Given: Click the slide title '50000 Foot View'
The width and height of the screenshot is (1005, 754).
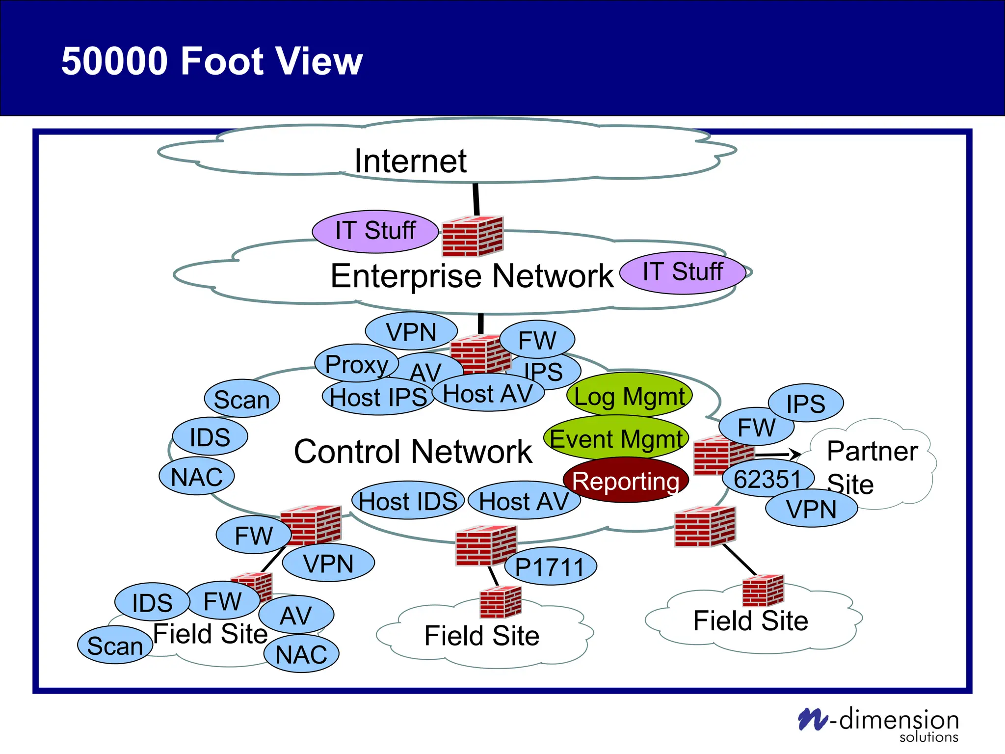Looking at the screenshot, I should [212, 61].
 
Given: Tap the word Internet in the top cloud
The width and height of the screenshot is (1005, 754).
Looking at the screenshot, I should [410, 161].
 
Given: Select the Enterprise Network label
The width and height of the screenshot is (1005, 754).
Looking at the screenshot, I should [472, 276].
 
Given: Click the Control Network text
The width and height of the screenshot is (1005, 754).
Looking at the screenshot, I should [413, 452].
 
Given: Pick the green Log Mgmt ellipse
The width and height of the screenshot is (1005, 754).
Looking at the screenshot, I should [629, 396].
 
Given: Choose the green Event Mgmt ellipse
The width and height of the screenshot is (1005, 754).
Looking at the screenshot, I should [616, 438].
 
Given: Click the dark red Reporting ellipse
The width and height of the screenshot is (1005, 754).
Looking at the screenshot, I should [625, 481].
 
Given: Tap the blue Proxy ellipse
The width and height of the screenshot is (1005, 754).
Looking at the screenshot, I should [356, 364].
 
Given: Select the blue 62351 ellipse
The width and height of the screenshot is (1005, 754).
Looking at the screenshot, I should [767, 479].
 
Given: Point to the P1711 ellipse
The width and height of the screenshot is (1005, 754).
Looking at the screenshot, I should [550, 567].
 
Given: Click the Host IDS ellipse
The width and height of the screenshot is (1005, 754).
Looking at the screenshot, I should [408, 501].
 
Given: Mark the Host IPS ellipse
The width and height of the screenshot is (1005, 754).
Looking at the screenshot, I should [378, 397].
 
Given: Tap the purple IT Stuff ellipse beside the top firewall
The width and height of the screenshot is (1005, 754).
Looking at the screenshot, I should [375, 231].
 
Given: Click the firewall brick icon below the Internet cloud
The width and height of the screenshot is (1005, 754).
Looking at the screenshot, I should [472, 237].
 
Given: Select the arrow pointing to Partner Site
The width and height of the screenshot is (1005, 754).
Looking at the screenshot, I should [778, 455].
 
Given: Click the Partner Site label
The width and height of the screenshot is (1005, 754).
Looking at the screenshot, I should [871, 466].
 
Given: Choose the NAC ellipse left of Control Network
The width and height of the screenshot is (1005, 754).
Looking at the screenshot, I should [197, 477].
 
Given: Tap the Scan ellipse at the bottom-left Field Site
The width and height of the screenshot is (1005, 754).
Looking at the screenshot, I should [115, 646].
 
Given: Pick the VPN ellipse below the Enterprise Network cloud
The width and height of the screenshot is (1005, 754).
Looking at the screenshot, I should [411, 332].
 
